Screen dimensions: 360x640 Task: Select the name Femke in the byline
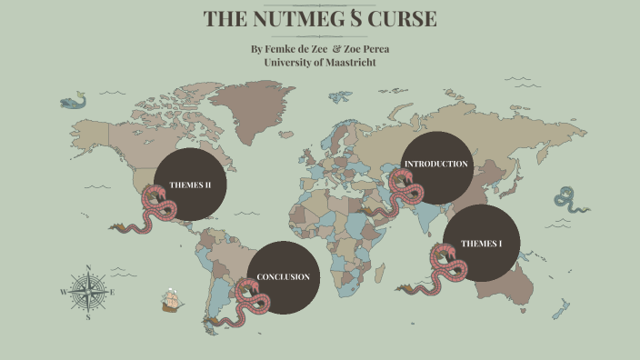pos(283,48)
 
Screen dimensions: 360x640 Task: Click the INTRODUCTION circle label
pos(436,165)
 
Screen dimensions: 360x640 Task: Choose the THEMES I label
pos(481,244)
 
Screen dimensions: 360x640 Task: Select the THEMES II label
pos(190,185)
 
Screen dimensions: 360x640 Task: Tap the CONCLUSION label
pos(283,276)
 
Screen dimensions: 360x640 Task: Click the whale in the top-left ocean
pos(73,100)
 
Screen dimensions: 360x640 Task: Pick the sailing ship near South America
pos(170,299)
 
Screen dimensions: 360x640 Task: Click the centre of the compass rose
pos(88,292)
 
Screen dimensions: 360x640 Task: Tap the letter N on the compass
pos(88,267)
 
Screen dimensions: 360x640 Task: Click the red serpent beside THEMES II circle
pos(155,216)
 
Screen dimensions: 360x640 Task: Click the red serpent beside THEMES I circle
pos(445,273)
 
